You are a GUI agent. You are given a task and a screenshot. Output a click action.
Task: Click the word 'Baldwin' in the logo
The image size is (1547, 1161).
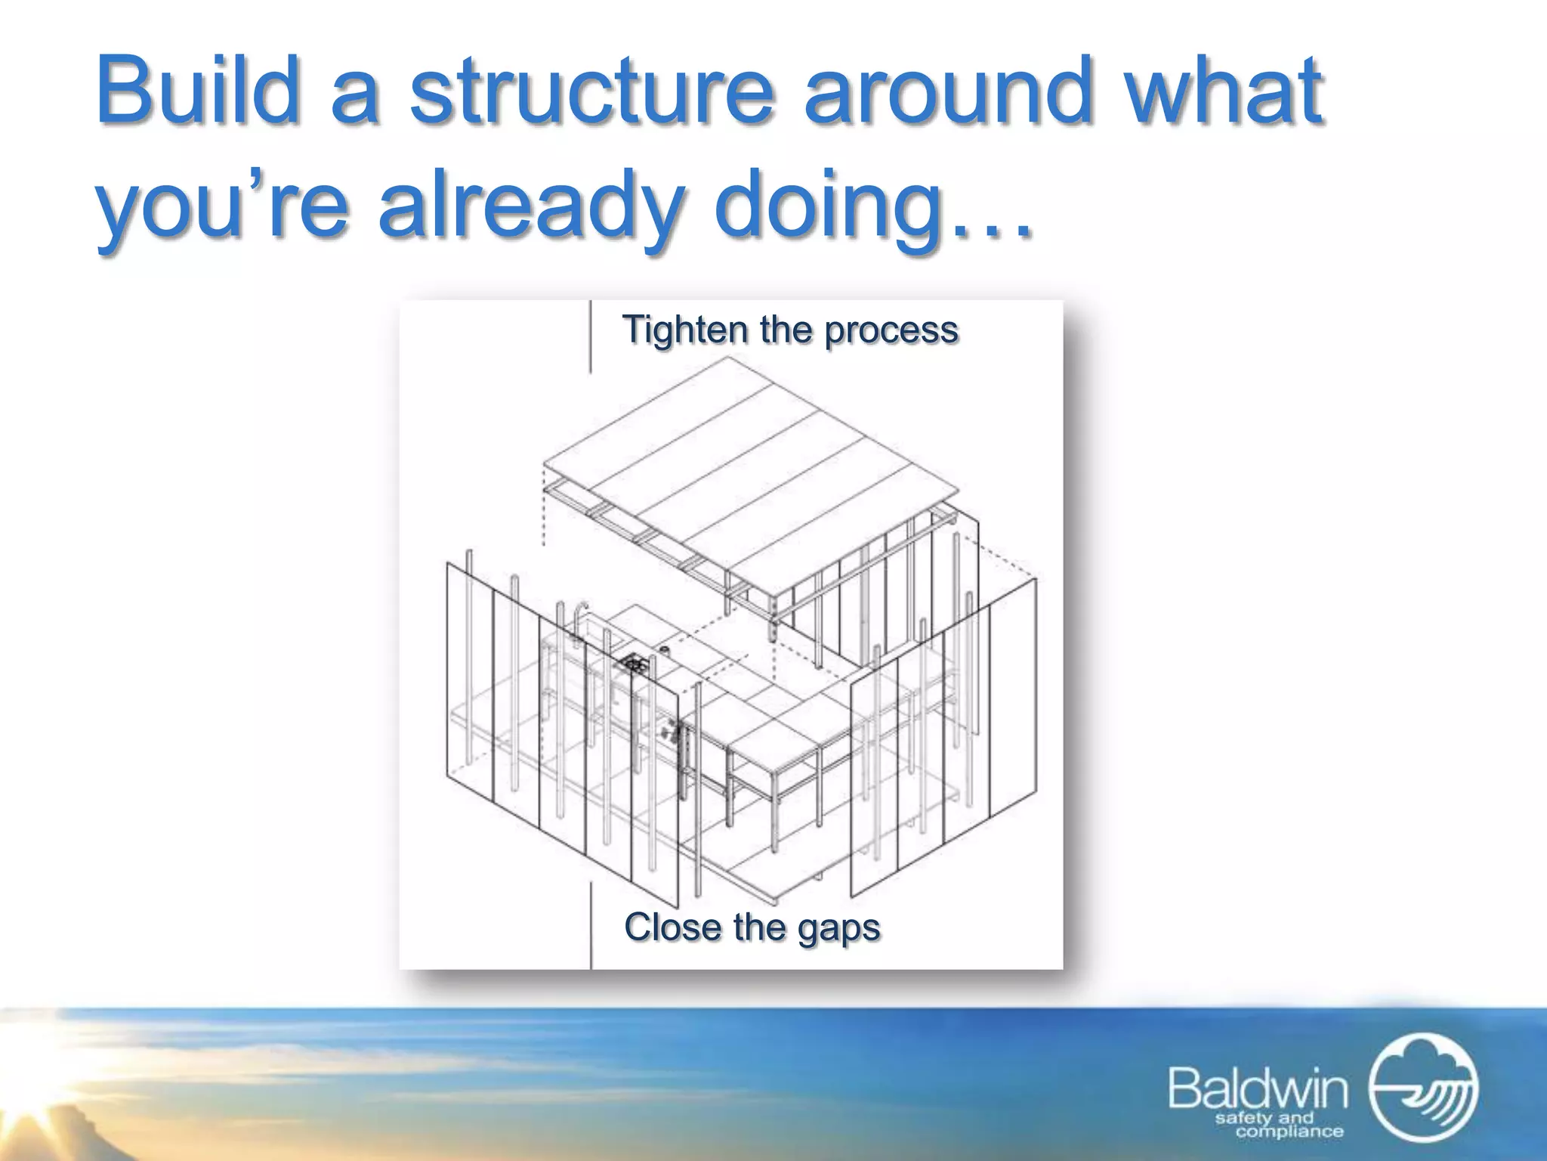pyautogui.click(x=1258, y=1089)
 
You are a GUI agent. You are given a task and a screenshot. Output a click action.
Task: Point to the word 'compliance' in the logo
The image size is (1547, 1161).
pyautogui.click(x=1289, y=1132)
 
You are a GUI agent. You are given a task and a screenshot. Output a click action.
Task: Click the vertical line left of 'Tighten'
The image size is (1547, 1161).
pyautogui.click(x=591, y=336)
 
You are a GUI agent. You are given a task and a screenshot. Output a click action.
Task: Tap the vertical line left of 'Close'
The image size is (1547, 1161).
pyautogui.click(x=591, y=926)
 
